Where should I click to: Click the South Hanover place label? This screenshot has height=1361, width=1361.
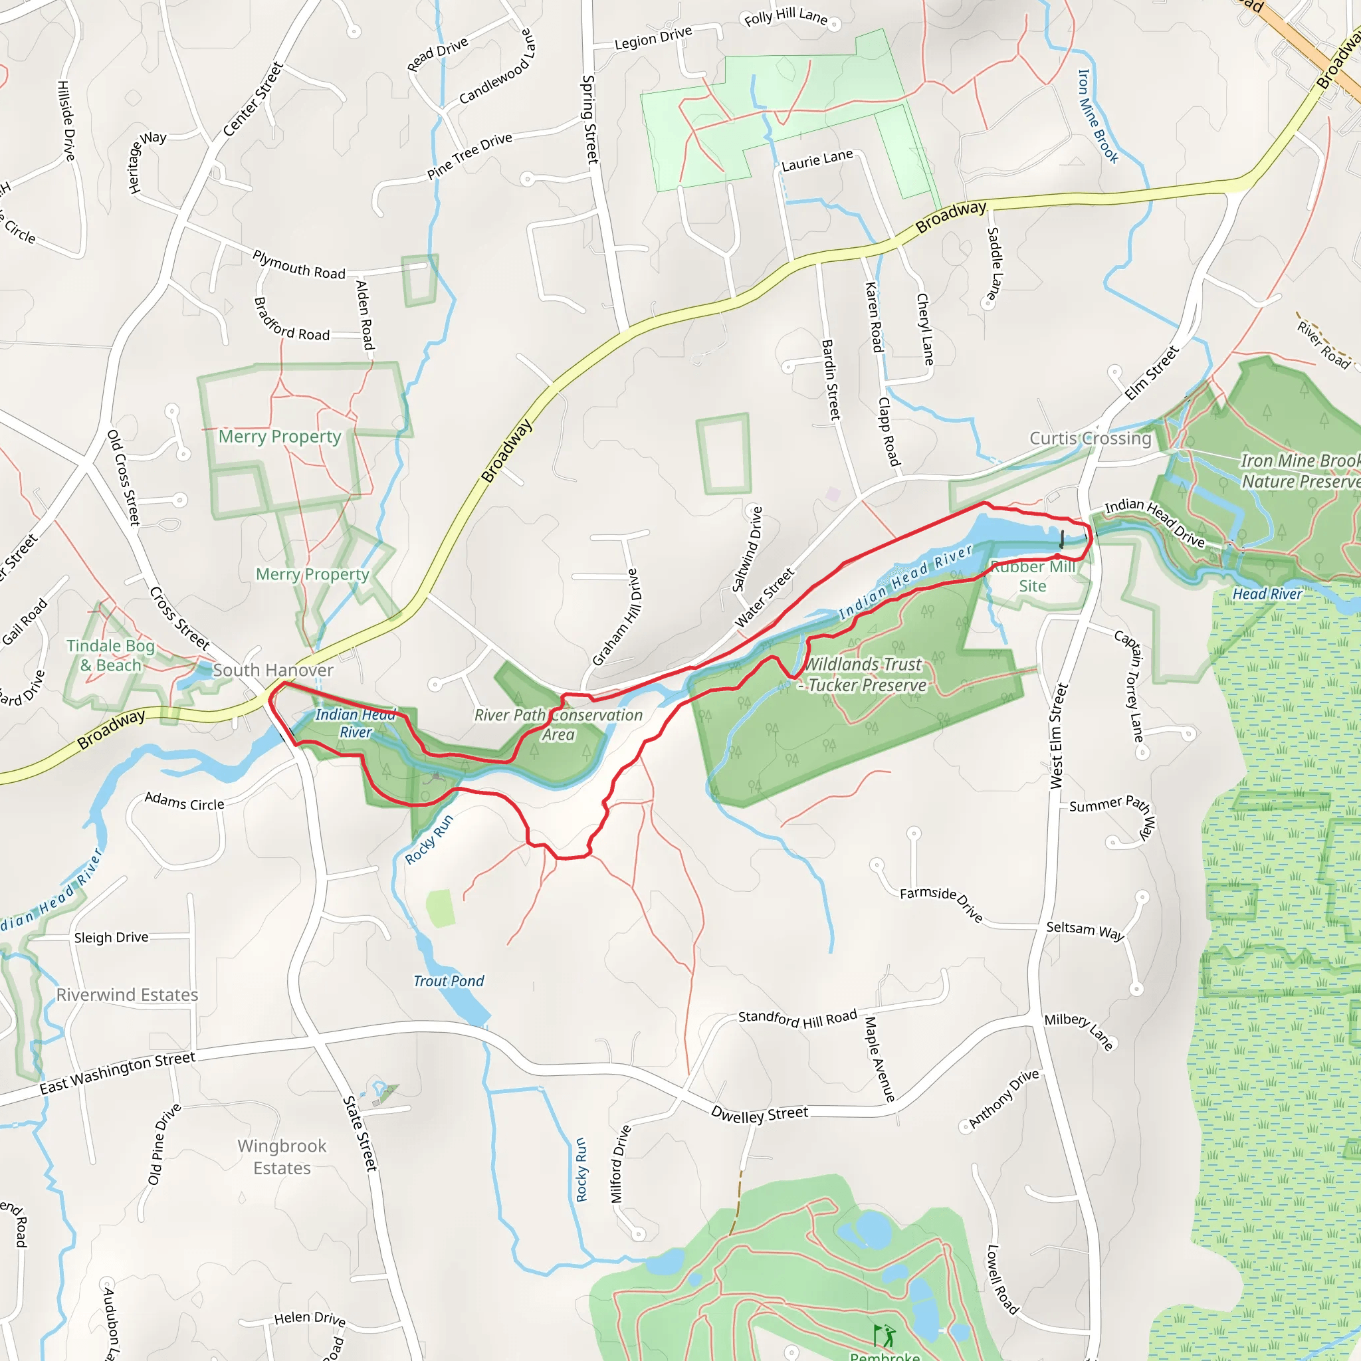[x=272, y=670]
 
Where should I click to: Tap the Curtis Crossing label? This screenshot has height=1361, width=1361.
[x=1090, y=438]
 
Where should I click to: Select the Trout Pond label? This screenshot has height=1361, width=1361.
[x=449, y=982]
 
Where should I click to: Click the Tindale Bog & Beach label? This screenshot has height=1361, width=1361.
[x=110, y=656]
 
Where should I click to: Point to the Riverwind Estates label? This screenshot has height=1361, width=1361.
[x=128, y=995]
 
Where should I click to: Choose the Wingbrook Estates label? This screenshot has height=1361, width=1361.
[x=282, y=1157]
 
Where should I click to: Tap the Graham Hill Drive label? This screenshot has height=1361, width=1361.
[x=617, y=618]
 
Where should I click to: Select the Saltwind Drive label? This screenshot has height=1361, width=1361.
[x=748, y=550]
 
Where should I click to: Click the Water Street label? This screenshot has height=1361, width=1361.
[x=764, y=598]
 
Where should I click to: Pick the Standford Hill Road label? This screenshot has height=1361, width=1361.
[x=797, y=1019]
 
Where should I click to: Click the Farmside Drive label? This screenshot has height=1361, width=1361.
[x=941, y=904]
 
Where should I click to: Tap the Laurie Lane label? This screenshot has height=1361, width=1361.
[x=817, y=161]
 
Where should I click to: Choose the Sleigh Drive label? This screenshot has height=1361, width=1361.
[x=111, y=938]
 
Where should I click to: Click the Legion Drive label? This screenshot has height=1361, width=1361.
[x=653, y=38]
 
